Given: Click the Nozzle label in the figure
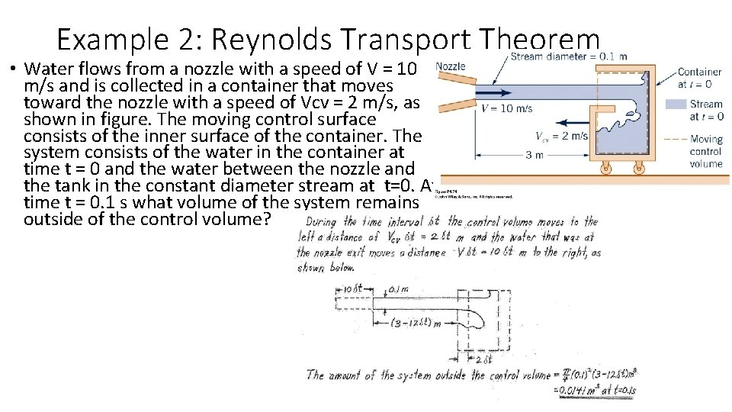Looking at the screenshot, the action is click(450, 66).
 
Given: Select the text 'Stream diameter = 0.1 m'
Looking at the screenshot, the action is click(569, 56).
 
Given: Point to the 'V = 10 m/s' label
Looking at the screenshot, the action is click(507, 108).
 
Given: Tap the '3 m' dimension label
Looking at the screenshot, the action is click(535, 155).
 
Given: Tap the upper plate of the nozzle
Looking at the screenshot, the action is click(451, 82).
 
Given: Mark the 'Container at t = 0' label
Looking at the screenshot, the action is click(699, 78).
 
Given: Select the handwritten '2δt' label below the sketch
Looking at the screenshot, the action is click(484, 359).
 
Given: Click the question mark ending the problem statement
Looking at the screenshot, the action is click(279, 218).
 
